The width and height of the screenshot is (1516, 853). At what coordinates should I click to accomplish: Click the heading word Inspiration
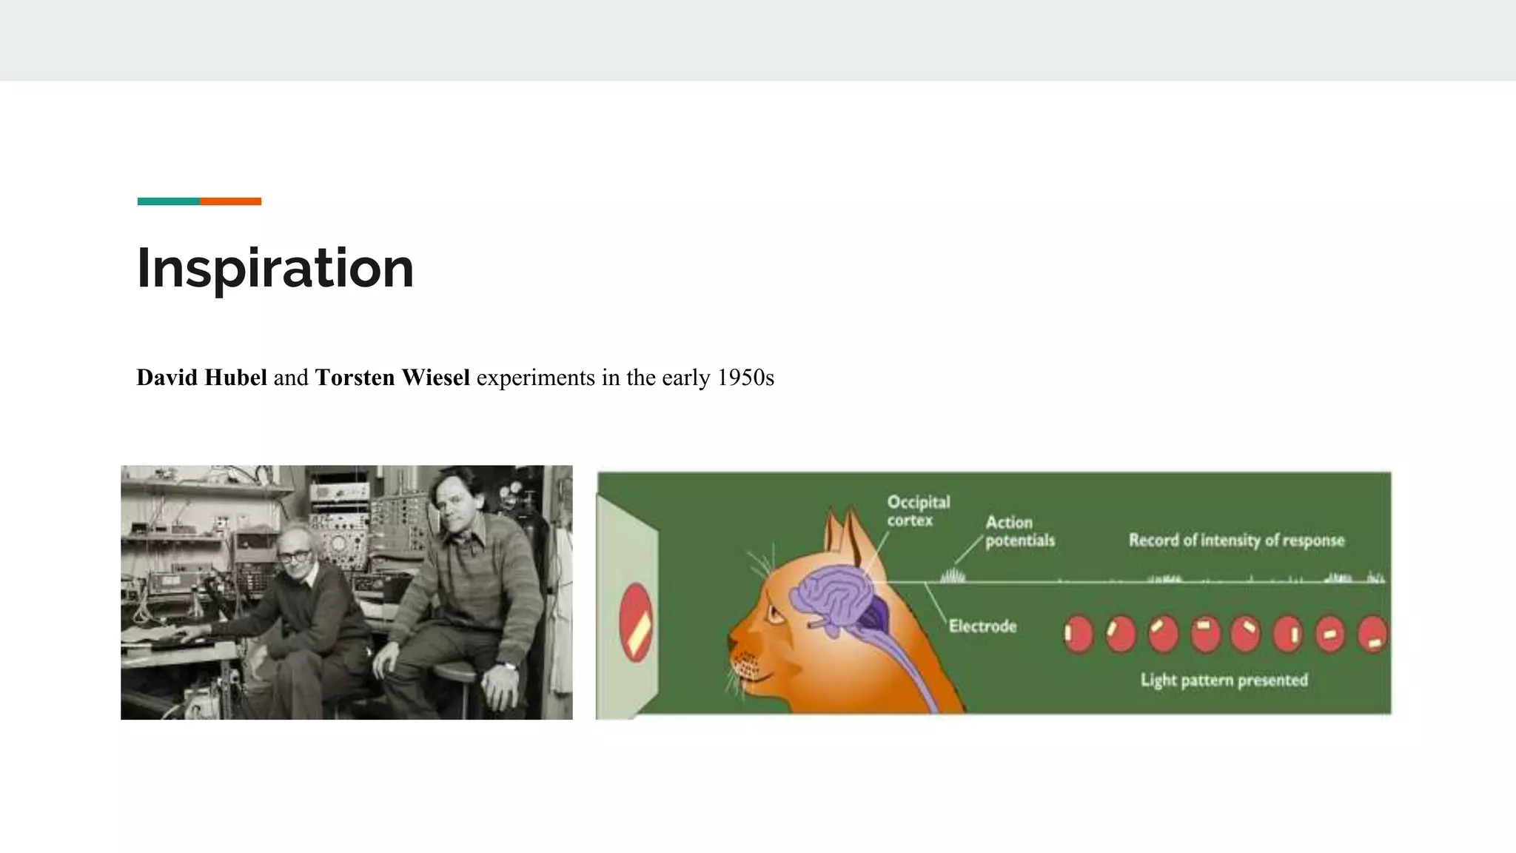275,268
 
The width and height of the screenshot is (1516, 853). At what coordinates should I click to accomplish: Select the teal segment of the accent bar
168,201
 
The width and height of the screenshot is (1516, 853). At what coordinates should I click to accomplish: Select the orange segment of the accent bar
230,201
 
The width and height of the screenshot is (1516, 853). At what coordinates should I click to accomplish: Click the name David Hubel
201,378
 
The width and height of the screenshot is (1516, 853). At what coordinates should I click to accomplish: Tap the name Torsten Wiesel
392,378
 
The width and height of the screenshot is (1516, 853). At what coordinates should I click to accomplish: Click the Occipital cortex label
918,511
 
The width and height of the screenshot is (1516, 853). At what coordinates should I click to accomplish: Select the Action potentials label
1019,532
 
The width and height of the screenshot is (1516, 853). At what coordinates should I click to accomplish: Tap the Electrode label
982,626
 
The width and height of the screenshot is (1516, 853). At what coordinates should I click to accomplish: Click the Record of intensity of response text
1236,540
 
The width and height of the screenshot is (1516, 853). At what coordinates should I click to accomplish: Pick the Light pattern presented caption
1224,680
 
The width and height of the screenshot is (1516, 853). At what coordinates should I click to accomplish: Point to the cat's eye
774,614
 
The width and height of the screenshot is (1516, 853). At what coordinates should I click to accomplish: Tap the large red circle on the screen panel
635,623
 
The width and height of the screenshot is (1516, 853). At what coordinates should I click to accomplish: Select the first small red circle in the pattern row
1078,634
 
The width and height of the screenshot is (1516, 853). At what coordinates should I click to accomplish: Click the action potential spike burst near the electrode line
953,575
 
